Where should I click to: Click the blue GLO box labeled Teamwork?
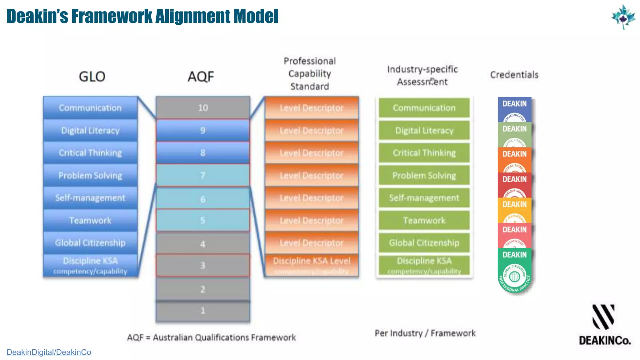click(x=90, y=220)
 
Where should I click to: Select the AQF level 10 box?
click(x=202, y=108)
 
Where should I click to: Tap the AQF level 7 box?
click(x=202, y=175)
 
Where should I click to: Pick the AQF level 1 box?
click(x=202, y=310)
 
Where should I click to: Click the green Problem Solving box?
click(x=424, y=175)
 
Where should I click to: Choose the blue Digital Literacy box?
click(x=90, y=130)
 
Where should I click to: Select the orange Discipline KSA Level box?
click(x=312, y=265)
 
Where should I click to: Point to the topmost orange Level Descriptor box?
click(x=312, y=108)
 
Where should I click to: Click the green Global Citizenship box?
click(x=424, y=243)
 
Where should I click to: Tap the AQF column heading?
click(x=201, y=77)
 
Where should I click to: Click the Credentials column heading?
click(x=514, y=75)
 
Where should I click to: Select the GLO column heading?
click(x=92, y=77)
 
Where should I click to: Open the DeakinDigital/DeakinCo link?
click(x=49, y=352)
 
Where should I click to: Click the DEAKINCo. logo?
click(x=604, y=325)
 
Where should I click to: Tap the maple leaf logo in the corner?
click(x=623, y=17)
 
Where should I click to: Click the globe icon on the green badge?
click(x=514, y=277)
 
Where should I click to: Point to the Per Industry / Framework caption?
click(x=425, y=333)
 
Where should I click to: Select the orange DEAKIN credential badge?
click(x=514, y=159)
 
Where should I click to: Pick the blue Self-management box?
click(x=90, y=198)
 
